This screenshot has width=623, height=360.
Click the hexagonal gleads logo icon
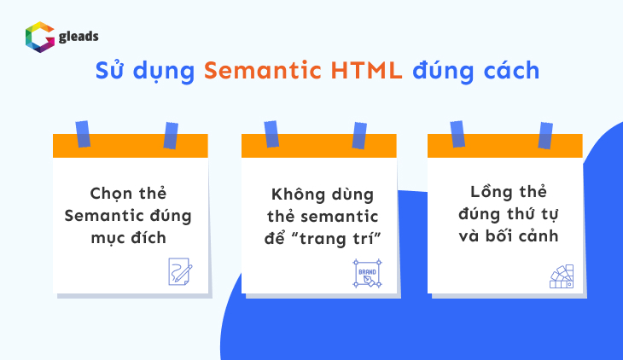[39, 38]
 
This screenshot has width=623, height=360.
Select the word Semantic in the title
[253, 71]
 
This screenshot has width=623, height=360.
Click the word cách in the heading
[509, 71]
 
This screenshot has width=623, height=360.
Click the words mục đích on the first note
[130, 237]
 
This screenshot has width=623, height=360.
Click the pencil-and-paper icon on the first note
[180, 270]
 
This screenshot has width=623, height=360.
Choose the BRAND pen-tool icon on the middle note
[364, 273]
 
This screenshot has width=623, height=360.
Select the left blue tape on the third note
[457, 133]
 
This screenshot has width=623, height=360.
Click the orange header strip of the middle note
[320, 146]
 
